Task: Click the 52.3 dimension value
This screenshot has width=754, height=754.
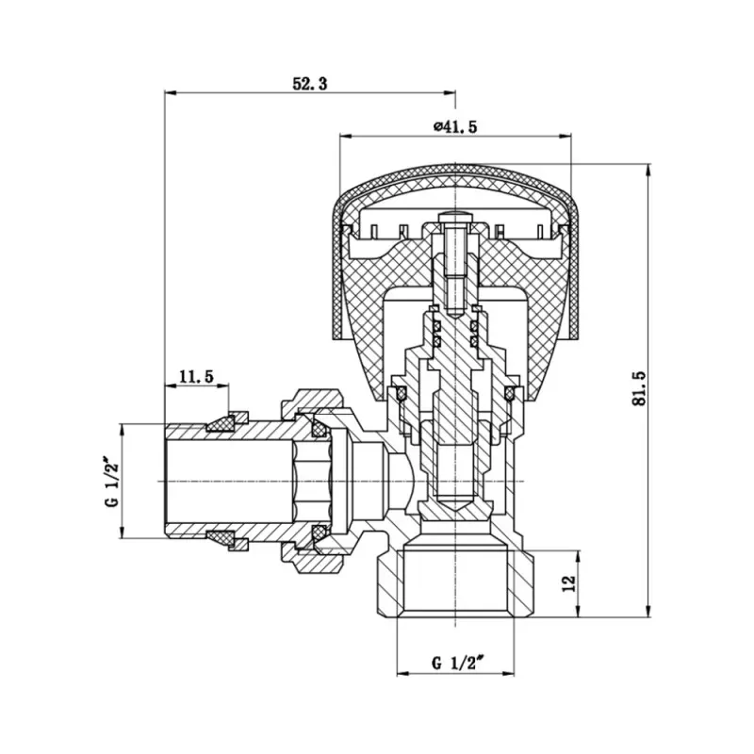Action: click(x=309, y=84)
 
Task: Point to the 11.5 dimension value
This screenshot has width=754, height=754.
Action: click(x=196, y=376)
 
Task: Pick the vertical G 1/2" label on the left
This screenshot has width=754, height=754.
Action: click(x=111, y=482)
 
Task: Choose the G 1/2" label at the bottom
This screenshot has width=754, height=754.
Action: click(x=457, y=663)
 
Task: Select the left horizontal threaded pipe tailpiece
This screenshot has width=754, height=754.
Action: click(x=226, y=480)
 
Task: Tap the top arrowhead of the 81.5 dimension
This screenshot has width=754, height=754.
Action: click(x=647, y=171)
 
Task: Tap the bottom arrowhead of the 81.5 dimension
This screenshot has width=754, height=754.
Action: click(x=647, y=613)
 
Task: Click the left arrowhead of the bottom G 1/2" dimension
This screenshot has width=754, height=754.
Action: click(x=401, y=672)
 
